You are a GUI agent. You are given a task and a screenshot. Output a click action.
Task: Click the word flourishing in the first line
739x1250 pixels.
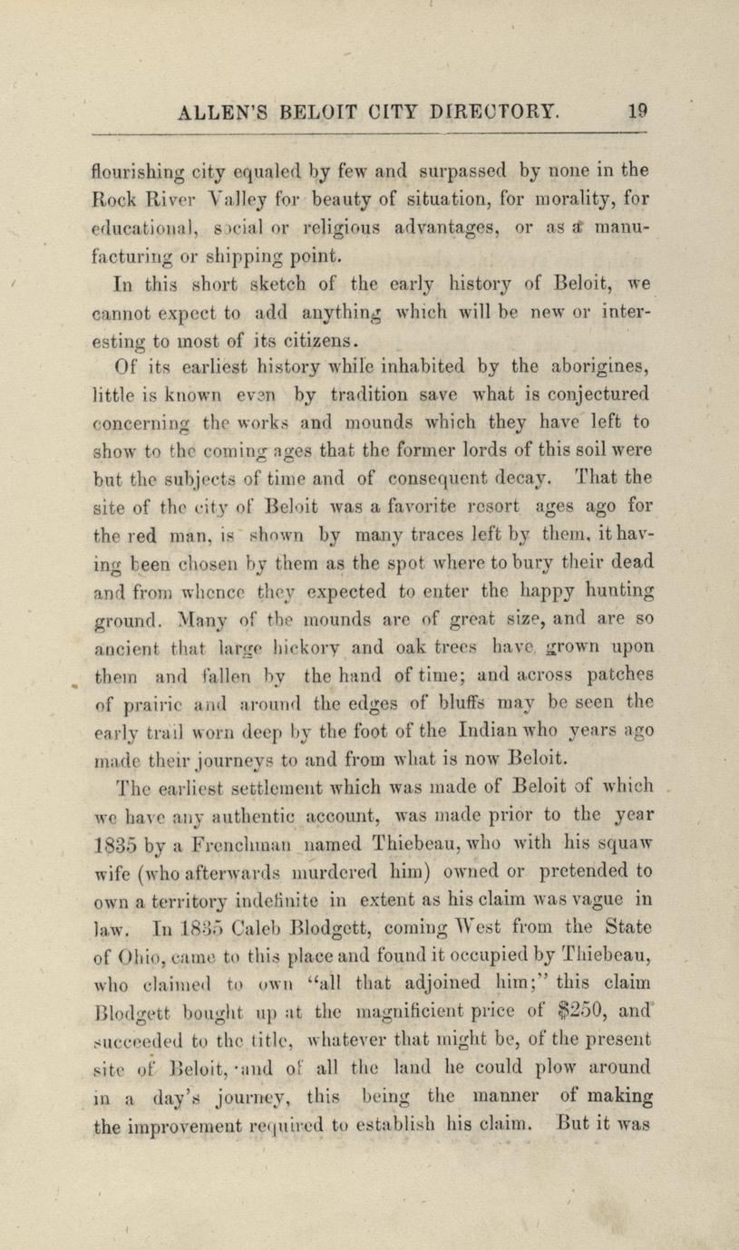click(x=141, y=170)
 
